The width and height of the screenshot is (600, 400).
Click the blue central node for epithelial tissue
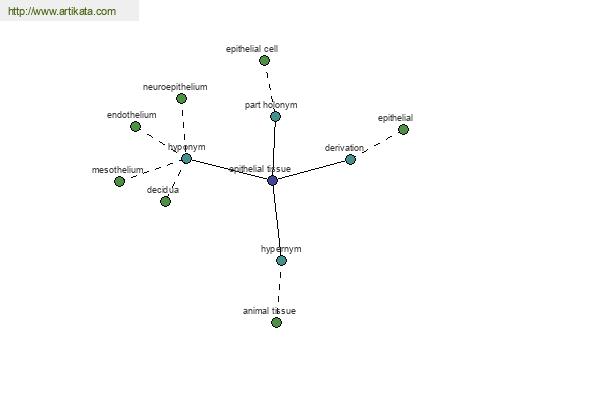272,180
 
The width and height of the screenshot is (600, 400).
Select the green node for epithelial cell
264,60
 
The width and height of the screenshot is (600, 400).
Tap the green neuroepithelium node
181,99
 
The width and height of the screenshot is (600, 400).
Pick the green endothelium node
135,127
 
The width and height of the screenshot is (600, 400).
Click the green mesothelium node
120,181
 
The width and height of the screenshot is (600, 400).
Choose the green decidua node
165,201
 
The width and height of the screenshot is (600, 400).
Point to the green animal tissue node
276,323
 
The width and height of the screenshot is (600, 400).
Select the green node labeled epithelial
403,130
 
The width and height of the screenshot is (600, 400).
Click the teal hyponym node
186,158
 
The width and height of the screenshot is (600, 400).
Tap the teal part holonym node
276,117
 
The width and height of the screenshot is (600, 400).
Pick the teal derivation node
351,160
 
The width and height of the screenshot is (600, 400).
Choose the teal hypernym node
281,261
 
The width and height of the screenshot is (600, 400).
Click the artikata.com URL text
62,11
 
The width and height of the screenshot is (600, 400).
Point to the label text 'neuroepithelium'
175,87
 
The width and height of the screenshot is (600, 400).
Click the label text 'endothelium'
132,115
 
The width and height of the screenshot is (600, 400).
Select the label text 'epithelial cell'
252,49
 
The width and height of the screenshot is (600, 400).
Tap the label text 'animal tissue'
269,311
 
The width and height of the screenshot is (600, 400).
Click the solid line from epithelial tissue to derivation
311,170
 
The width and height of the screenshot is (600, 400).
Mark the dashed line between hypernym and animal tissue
279,292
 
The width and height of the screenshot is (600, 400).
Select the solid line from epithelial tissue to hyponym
230,170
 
